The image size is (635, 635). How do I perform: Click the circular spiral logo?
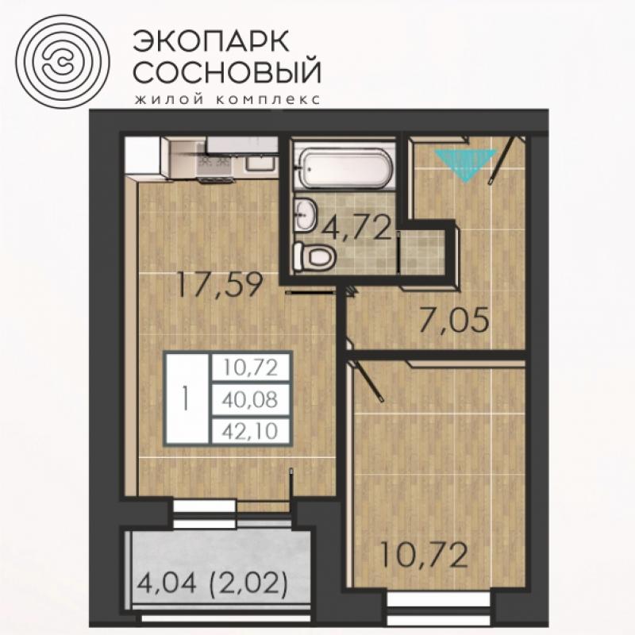[x=63, y=62]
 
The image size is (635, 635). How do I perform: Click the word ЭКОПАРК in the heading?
[x=211, y=41]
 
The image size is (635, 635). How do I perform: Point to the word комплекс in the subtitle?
[x=268, y=99]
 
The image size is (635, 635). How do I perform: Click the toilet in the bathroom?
[x=314, y=256]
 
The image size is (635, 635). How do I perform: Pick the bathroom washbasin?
[x=306, y=214]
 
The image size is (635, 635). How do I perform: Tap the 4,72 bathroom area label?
[x=356, y=229]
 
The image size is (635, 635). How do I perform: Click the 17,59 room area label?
[x=220, y=285]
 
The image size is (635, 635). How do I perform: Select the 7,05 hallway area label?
[x=454, y=320]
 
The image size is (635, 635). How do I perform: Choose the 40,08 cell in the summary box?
[x=250, y=400]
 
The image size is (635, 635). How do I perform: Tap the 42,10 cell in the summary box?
[x=250, y=431]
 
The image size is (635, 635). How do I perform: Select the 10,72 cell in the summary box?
[x=250, y=368]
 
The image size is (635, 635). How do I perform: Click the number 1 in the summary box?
[x=187, y=398]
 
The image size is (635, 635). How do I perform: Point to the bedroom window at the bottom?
[x=441, y=610]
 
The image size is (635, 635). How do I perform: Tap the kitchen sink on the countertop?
[x=260, y=164]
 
